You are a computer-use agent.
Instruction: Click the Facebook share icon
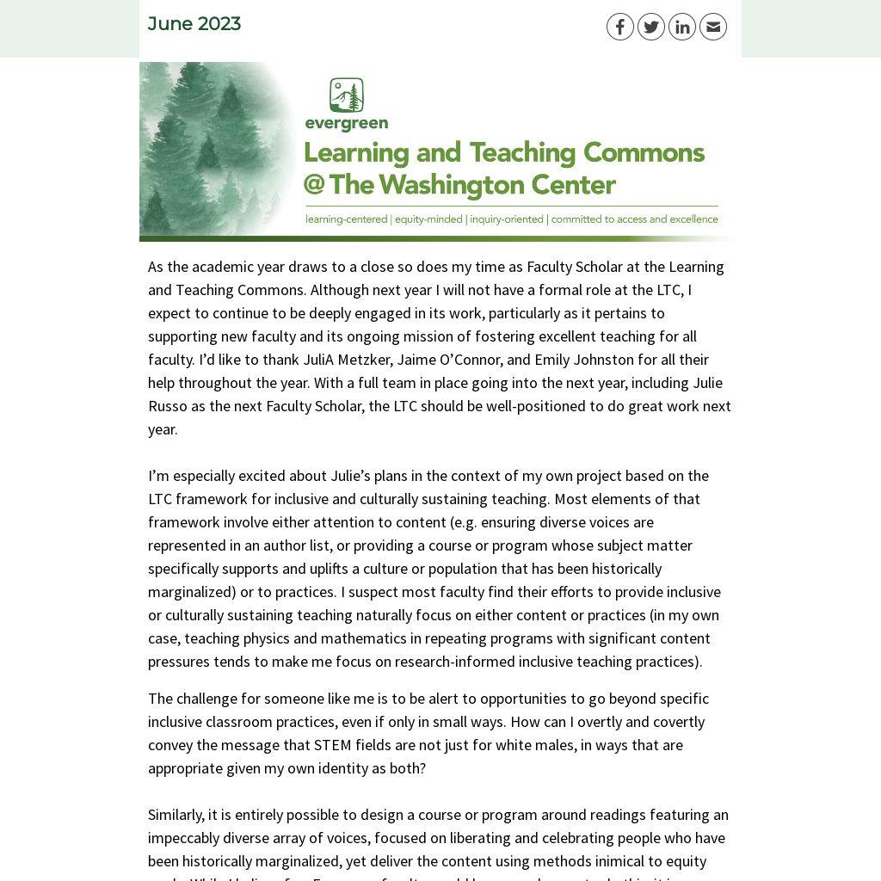(619, 27)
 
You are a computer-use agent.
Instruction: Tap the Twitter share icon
(650, 27)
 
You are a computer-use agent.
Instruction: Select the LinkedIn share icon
(681, 27)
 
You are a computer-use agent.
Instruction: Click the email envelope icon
(712, 27)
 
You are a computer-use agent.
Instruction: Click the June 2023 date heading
(194, 24)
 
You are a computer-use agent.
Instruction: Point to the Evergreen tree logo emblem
(347, 95)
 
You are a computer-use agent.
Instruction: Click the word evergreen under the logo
(347, 124)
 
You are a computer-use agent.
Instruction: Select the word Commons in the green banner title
(644, 153)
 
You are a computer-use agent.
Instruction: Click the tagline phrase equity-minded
(428, 219)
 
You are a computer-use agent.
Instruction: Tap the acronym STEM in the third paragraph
(331, 745)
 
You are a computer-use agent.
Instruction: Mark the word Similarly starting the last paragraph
(176, 815)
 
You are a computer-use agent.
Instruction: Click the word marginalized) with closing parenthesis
(192, 592)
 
